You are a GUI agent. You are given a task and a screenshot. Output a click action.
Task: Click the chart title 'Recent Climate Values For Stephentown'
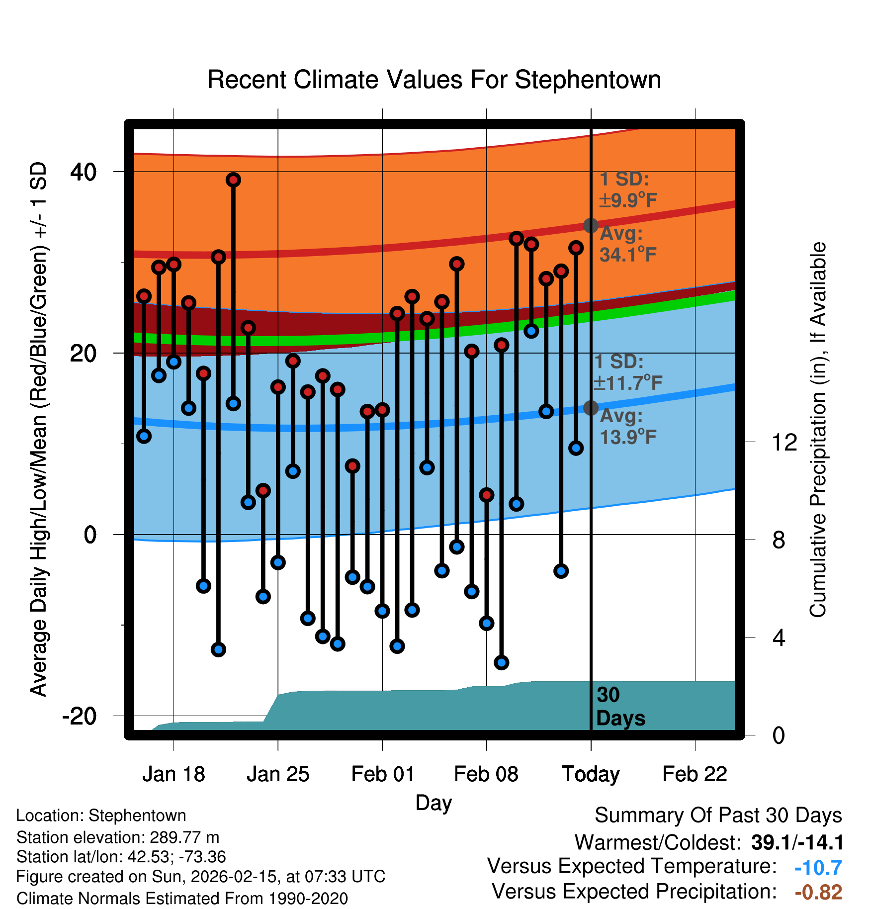coord(434,80)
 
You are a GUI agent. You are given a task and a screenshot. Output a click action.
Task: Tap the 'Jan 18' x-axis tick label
coord(174,774)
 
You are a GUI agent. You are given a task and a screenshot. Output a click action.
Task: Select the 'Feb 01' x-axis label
coord(382,774)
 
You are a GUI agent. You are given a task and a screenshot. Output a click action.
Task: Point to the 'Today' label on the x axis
coord(591,774)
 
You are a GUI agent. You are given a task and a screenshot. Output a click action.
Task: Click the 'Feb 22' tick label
coord(695,774)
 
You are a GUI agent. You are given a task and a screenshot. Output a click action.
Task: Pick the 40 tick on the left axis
coord(83,172)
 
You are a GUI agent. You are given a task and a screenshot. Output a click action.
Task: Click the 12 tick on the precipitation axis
coord(784,442)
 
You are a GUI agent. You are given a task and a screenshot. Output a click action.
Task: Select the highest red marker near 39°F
coord(233,180)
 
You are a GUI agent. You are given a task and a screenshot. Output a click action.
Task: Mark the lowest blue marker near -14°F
coord(501,662)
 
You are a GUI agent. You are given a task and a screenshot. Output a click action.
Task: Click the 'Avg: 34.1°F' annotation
coord(627,244)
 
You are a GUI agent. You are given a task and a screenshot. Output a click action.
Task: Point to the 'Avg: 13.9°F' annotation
coord(627,427)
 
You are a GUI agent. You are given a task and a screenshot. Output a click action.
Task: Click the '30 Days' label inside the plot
coord(620,707)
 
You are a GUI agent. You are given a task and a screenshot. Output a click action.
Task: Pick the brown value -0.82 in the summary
coord(818,892)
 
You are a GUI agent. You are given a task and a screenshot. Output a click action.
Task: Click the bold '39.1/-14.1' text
coord(797,842)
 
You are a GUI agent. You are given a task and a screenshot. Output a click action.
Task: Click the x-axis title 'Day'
coord(434,803)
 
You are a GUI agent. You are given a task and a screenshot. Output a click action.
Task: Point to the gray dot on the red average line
coord(591,225)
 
